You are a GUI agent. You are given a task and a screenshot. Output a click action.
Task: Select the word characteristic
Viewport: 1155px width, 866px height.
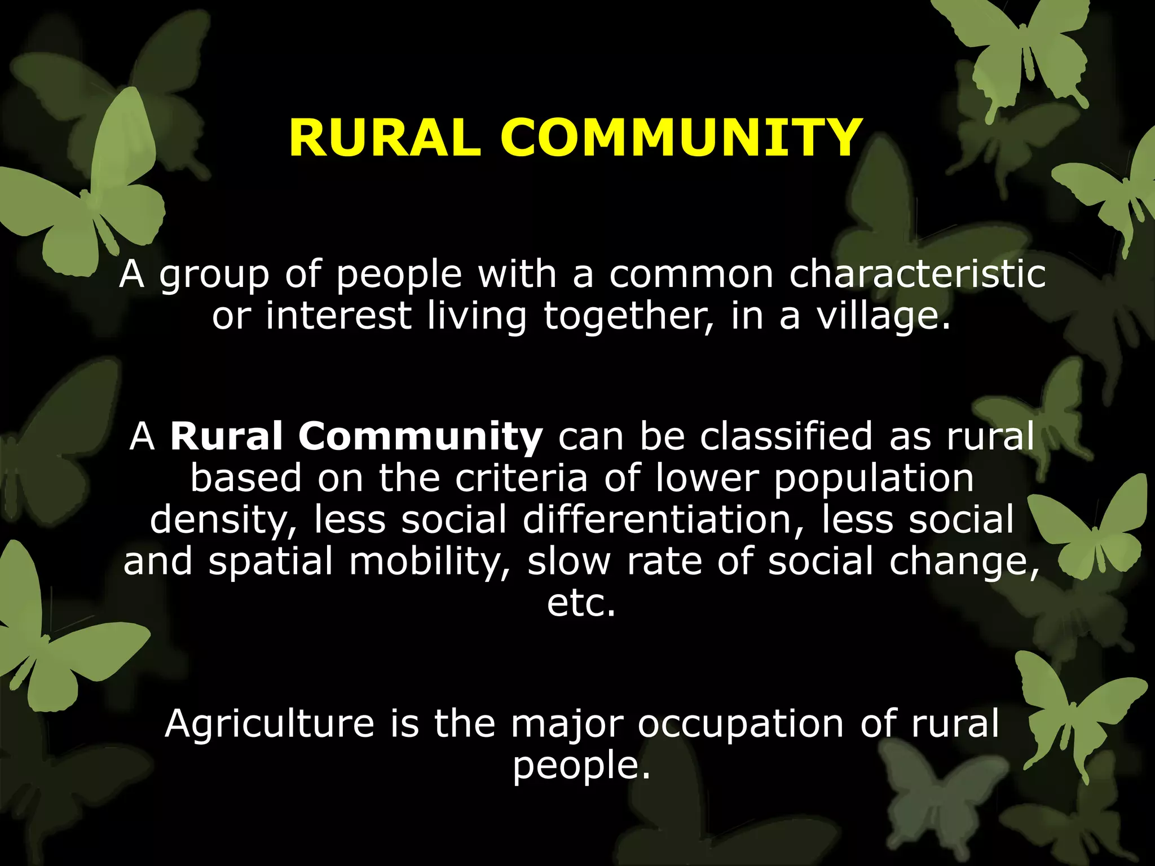(917, 275)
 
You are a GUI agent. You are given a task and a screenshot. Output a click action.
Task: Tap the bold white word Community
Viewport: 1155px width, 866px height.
(420, 438)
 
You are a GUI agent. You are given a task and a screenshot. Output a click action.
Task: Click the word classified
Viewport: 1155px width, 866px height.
(786, 436)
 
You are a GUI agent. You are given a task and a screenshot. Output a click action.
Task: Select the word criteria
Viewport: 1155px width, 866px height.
(522, 478)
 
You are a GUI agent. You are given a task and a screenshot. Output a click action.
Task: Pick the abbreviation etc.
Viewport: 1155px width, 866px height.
(581, 603)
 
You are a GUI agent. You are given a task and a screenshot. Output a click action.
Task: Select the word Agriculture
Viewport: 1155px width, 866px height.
(270, 724)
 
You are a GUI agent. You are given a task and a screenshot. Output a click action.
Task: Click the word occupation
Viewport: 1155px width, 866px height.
(740, 725)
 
